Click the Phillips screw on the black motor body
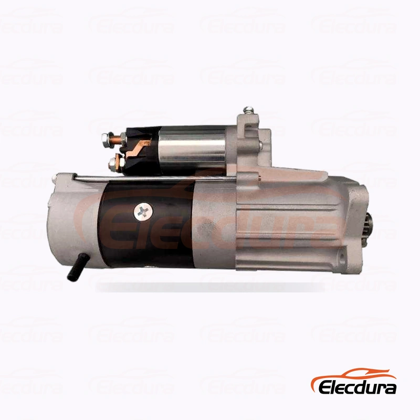click(x=143, y=212)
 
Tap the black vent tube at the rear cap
click(x=76, y=270)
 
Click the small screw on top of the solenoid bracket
click(x=248, y=110)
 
